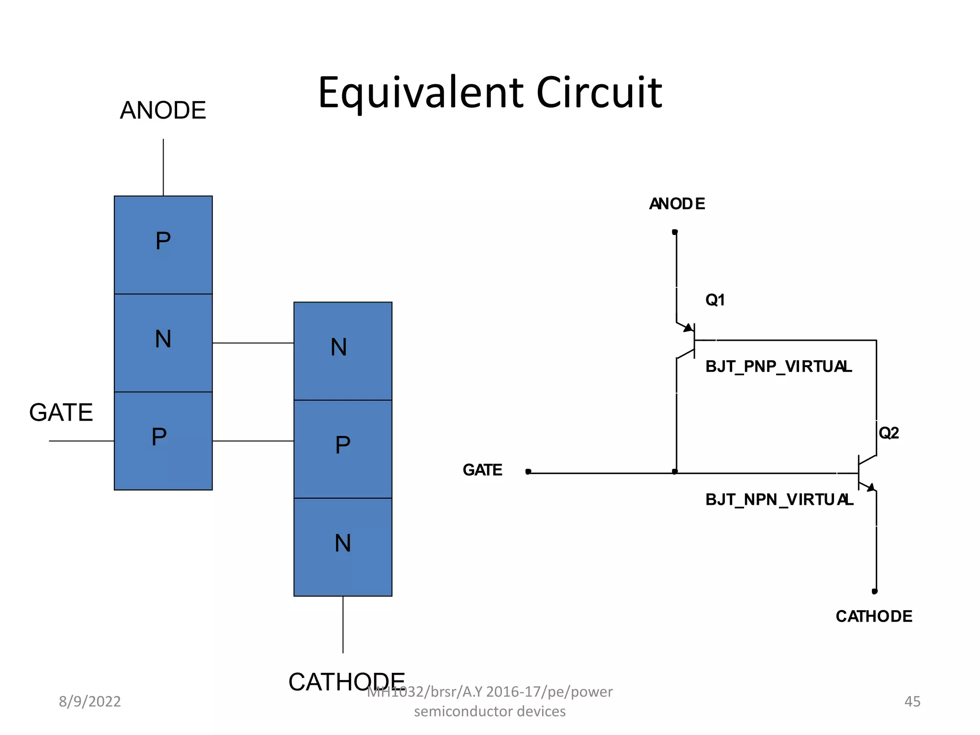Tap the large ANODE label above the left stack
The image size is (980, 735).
tap(163, 111)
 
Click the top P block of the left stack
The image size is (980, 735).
tap(163, 245)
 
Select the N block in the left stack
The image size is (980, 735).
tap(163, 343)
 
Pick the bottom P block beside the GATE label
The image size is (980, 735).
tap(163, 441)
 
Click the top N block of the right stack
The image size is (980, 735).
tap(343, 351)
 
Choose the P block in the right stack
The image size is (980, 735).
tap(343, 449)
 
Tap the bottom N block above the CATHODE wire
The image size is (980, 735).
tap(343, 547)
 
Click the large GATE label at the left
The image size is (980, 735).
tap(61, 412)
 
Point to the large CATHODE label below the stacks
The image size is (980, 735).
tap(346, 681)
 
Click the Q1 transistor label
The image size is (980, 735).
tap(715, 300)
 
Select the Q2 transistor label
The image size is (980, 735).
tap(889, 433)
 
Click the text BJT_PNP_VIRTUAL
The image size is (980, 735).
tap(779, 367)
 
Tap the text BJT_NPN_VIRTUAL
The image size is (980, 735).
tap(779, 500)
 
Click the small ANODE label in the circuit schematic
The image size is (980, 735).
tap(677, 204)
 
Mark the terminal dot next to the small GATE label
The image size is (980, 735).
tap(528, 471)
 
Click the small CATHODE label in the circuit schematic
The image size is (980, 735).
tap(874, 616)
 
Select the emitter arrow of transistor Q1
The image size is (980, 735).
tap(688, 328)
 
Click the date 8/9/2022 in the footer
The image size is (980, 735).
tap(89, 702)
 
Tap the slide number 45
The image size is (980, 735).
tap(912, 702)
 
